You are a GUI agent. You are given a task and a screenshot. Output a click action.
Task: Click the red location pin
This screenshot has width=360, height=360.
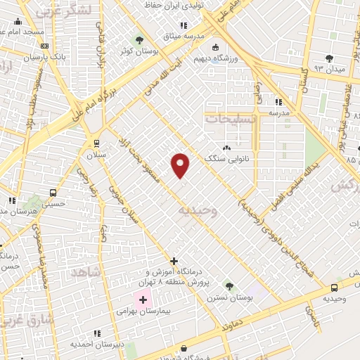click(x=181, y=165)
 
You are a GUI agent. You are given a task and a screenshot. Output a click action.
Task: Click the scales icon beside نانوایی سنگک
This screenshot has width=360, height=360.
click(x=226, y=148)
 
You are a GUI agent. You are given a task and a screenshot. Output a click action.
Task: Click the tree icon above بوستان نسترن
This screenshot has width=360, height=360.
click(x=229, y=285)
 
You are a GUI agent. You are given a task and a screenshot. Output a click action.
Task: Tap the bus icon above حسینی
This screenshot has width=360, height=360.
click(x=53, y=193)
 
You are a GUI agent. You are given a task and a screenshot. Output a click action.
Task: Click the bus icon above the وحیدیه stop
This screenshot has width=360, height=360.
click(x=334, y=287)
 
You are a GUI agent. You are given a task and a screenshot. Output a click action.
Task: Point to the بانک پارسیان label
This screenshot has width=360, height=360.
click(x=47, y=56)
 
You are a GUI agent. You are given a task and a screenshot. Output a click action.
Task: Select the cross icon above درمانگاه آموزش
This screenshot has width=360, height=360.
click(x=174, y=261)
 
